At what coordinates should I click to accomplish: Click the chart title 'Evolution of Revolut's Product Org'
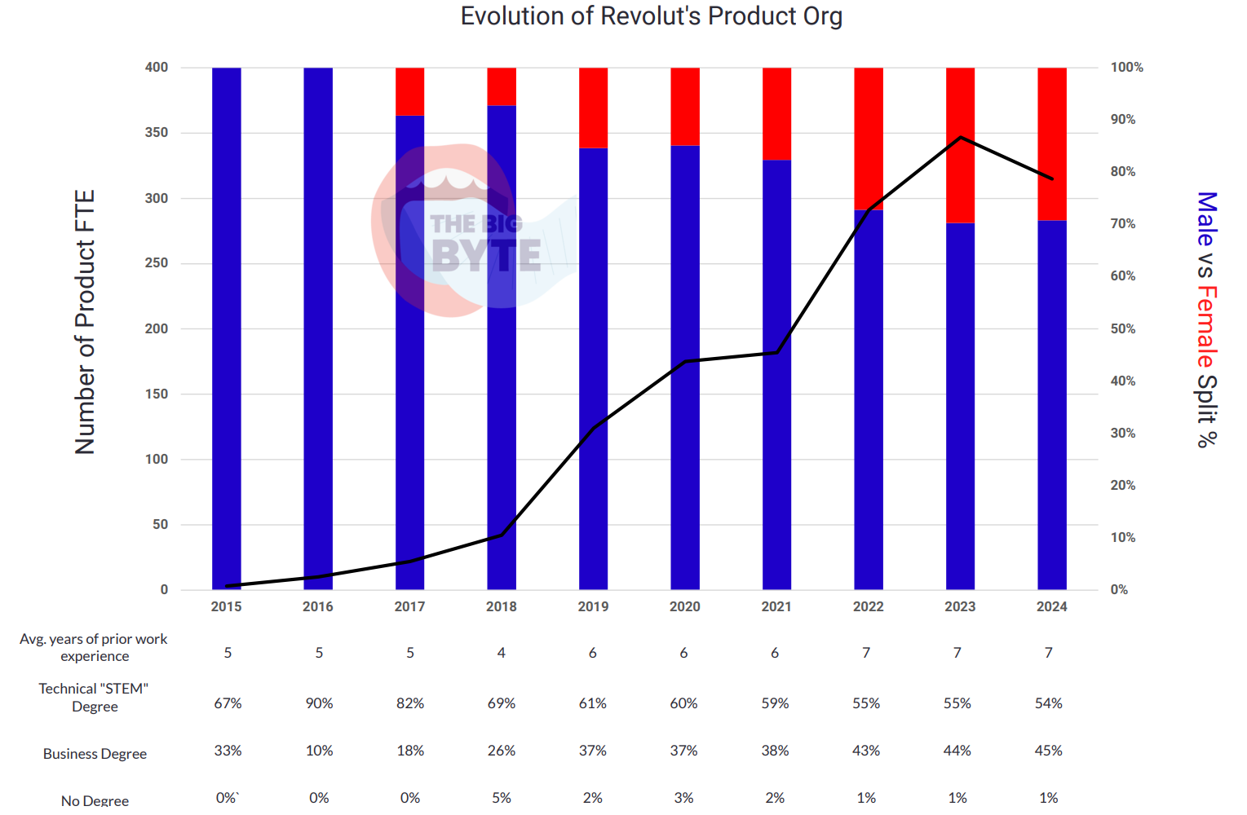(x=652, y=16)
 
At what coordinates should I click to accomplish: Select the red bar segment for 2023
(x=960, y=145)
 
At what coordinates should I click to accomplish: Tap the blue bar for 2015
(x=227, y=328)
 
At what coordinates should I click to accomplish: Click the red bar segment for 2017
(x=409, y=92)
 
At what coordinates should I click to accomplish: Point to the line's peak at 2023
(x=961, y=137)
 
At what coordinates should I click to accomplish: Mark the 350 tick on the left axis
(x=157, y=132)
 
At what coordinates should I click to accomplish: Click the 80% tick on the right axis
(x=1123, y=171)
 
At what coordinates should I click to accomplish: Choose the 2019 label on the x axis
(x=593, y=606)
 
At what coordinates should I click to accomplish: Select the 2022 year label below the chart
(x=868, y=606)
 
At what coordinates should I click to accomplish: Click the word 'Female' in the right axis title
(x=1206, y=327)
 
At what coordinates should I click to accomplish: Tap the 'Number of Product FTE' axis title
(x=85, y=322)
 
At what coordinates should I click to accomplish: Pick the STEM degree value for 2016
(x=319, y=703)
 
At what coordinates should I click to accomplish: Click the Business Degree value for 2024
(x=1048, y=751)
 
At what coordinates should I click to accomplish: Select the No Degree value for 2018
(x=501, y=798)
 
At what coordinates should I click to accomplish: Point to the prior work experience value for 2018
(x=501, y=653)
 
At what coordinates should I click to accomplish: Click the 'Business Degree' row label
(x=95, y=754)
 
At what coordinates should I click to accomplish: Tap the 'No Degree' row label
(x=95, y=800)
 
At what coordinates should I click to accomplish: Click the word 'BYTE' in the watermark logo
(x=486, y=255)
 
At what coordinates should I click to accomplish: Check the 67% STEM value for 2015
(x=228, y=703)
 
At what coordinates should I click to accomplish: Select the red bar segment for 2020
(x=685, y=107)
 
